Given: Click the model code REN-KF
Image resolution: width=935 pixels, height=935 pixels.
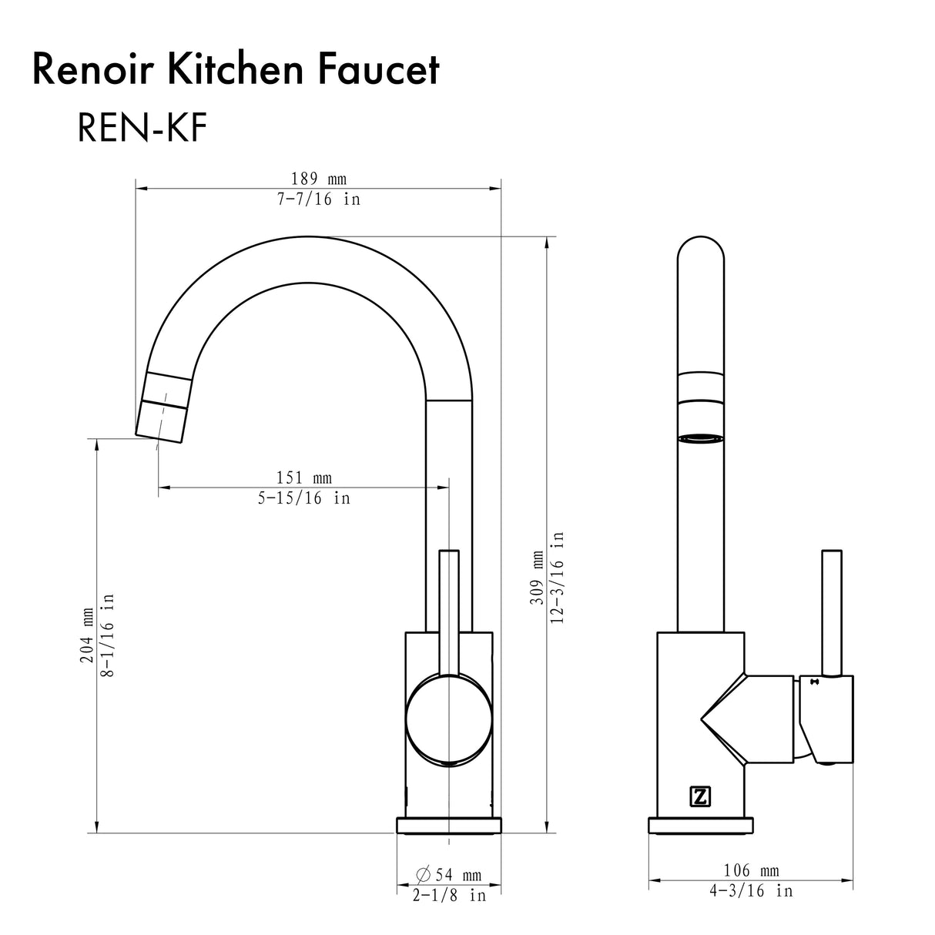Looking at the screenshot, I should click(142, 129).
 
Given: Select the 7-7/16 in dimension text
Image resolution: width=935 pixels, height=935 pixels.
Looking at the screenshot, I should click(319, 199).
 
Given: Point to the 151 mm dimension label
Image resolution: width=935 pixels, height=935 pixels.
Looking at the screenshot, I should click(303, 478).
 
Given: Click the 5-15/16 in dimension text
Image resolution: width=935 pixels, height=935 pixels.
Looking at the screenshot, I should click(303, 498).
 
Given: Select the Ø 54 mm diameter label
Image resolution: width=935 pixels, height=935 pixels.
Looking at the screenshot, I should click(448, 875).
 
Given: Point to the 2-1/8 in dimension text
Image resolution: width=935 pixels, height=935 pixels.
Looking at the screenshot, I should click(449, 896).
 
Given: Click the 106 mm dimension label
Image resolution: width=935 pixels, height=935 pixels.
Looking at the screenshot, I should click(752, 871).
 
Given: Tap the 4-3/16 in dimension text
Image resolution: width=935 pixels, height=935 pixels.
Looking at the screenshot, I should click(751, 891).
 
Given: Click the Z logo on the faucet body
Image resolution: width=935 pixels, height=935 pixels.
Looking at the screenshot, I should click(699, 797).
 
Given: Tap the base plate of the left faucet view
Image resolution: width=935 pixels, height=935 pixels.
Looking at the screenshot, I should click(448, 825).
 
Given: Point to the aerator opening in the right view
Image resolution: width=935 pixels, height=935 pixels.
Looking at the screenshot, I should click(701, 439).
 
